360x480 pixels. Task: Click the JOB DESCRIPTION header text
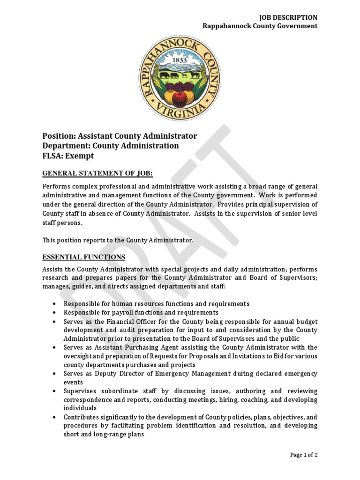288,17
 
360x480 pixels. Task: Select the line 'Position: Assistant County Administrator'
120,136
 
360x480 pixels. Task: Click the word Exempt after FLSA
80,156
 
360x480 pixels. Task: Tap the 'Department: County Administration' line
111,146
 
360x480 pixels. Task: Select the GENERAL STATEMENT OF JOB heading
97,173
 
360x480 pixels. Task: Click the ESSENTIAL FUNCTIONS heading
84,257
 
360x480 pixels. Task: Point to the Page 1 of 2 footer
303,455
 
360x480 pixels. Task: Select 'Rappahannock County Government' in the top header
260,26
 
